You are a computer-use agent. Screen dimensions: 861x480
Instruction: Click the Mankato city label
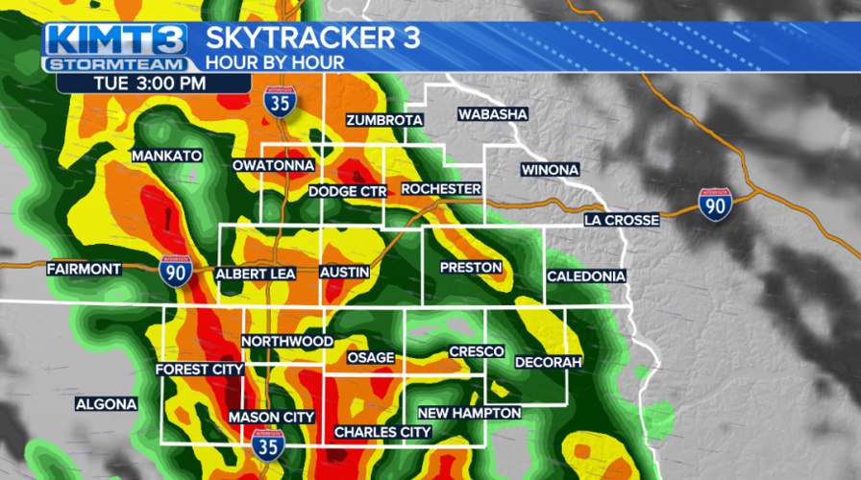(166, 156)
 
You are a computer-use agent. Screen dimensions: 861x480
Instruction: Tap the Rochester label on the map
(440, 189)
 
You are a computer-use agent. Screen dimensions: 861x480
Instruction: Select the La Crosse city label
(622, 221)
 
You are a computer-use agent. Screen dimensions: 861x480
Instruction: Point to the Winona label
(550, 170)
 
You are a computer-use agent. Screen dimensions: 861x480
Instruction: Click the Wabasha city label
(493, 114)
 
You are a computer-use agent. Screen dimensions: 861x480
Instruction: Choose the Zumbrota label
(384, 120)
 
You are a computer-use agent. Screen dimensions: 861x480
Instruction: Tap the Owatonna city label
(273, 165)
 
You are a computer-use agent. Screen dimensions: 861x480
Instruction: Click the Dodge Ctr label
(347, 192)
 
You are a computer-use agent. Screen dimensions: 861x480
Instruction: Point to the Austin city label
(345, 273)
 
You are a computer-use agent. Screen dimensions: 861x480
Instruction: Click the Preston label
(471, 267)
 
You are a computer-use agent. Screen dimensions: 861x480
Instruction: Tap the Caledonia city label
(586, 276)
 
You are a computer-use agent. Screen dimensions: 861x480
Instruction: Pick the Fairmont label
(85, 270)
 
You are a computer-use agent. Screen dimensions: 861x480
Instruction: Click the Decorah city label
(549, 362)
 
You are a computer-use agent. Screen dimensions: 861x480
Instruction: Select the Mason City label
(271, 417)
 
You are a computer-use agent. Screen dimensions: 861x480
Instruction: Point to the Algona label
(106, 404)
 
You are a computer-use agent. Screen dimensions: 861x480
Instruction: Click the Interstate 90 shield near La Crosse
(714, 203)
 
